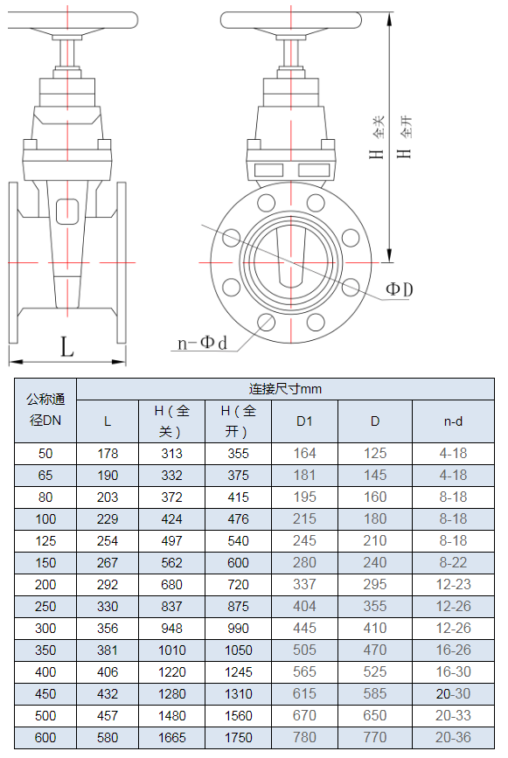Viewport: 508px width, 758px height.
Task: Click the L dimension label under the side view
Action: pos(66,346)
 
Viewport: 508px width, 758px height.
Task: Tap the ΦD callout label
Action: pos(400,289)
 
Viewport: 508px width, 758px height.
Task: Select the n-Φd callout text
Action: pos(202,343)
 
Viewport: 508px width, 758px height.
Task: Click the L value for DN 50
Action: pos(108,454)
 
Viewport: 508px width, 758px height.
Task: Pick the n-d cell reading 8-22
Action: pos(453,563)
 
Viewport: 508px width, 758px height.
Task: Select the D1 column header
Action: pos(304,421)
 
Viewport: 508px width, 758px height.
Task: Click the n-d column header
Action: pos(453,421)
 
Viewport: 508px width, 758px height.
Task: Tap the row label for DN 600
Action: pos(45,738)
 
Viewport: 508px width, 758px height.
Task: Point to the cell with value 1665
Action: pos(171,738)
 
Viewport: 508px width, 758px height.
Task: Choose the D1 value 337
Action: pos(304,584)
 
